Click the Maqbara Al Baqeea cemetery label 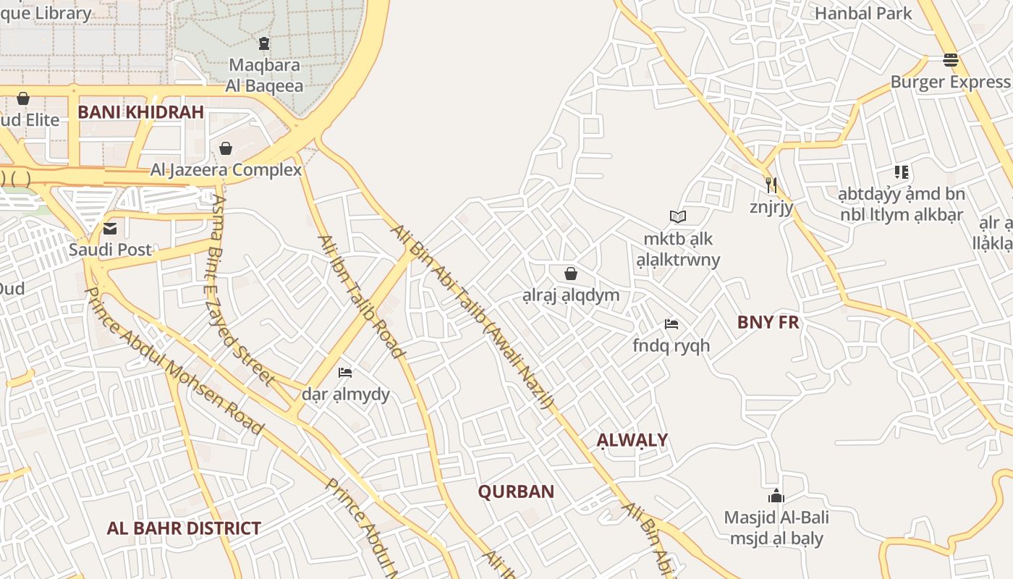click(x=264, y=75)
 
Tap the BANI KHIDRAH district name click(x=140, y=112)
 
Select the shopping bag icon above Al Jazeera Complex click(x=226, y=148)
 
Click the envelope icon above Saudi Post click(x=110, y=229)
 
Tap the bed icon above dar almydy click(x=345, y=373)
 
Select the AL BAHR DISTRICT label click(x=184, y=528)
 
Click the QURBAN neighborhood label click(x=516, y=492)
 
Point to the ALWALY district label click(x=632, y=440)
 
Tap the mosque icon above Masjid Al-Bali click(x=776, y=496)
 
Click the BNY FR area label click(x=768, y=323)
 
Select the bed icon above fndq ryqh click(x=671, y=324)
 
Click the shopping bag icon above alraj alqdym click(x=571, y=273)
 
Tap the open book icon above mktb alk click(x=677, y=216)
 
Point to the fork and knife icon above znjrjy click(x=771, y=185)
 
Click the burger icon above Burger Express click(x=951, y=59)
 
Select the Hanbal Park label click(x=863, y=13)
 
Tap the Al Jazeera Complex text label click(x=226, y=171)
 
